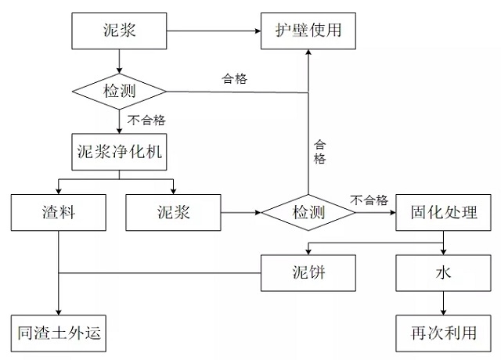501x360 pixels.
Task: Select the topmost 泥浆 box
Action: [119, 31]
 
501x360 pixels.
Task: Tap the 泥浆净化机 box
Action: [120, 151]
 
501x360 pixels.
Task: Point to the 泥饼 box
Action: [308, 273]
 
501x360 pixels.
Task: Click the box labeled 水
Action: [444, 273]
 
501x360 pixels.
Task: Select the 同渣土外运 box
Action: [58, 334]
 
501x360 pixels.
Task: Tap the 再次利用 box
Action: [444, 334]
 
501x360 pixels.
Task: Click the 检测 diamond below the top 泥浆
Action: [119, 92]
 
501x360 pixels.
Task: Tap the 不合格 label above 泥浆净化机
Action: [146, 121]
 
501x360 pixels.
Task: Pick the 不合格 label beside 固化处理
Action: [369, 200]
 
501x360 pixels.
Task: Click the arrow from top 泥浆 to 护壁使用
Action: [212, 31]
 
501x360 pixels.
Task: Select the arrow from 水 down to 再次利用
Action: [444, 302]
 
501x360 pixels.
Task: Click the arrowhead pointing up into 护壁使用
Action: [308, 52]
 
